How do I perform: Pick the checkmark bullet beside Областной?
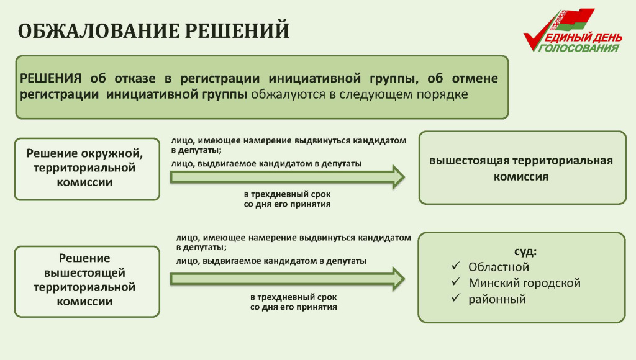coord(455,267)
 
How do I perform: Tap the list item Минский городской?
coord(525,283)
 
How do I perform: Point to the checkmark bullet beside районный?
coord(455,299)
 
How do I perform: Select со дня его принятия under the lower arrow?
coord(293,307)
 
